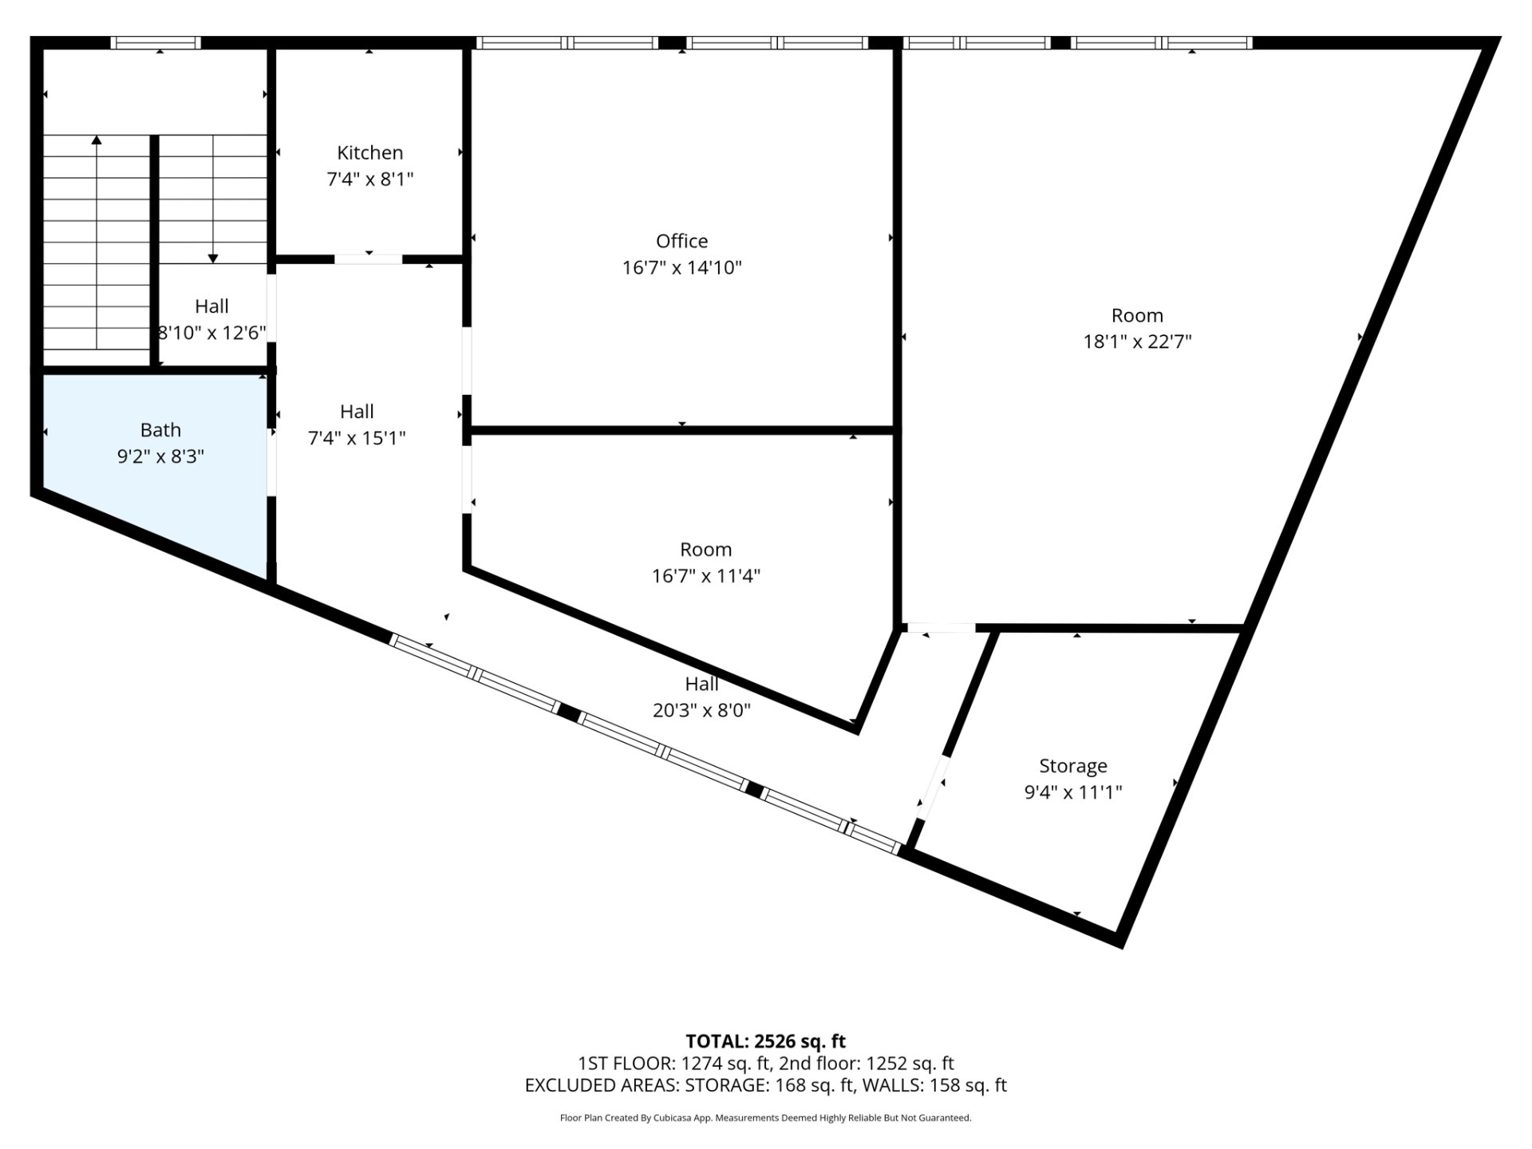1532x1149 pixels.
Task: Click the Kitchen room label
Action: pos(369,152)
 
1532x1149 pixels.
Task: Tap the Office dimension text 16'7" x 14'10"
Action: pos(682,267)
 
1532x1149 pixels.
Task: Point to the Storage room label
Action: pos(1073,766)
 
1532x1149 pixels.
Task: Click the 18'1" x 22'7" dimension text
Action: pos(1137,342)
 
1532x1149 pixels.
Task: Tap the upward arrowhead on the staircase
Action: pos(97,140)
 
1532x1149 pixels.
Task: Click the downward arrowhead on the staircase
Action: pos(213,257)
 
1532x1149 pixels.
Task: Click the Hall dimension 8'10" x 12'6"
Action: pos(211,333)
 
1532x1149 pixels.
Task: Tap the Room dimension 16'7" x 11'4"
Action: pos(706,576)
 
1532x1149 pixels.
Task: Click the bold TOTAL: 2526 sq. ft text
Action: pos(766,1041)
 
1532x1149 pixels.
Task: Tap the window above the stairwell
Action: pos(155,42)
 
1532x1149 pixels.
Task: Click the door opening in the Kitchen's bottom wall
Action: pos(368,259)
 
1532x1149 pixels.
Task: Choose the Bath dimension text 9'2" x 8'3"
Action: pos(160,456)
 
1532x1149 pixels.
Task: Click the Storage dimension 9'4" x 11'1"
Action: pos(1073,792)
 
